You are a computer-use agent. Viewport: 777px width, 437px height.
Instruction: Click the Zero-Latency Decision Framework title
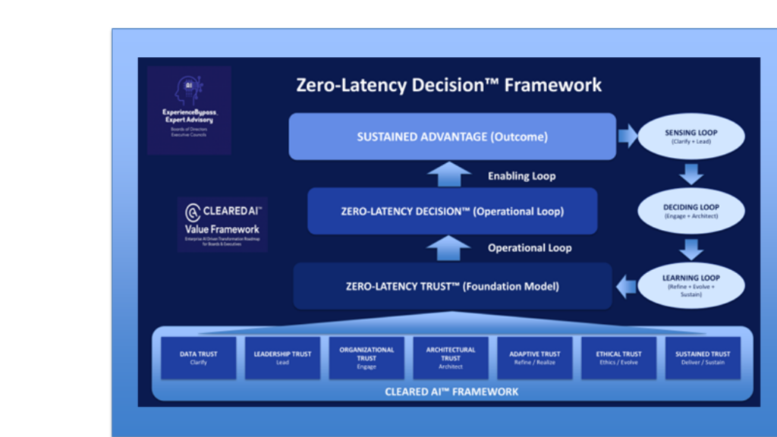coord(449,84)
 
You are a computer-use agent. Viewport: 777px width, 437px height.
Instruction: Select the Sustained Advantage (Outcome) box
coord(452,137)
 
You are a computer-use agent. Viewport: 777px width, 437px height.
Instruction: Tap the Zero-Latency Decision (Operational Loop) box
coord(452,211)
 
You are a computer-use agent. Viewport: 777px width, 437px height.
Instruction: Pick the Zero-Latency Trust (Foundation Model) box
coord(452,286)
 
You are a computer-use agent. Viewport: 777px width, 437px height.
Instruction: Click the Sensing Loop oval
coord(691,137)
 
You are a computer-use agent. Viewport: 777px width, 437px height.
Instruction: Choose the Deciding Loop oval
coord(691,211)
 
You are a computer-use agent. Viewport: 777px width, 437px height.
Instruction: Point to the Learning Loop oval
coord(691,285)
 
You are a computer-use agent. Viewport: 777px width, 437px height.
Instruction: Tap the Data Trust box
coord(199,357)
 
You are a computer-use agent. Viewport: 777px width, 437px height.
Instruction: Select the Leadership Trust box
coord(282,357)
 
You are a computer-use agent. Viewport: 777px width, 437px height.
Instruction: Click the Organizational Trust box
coord(366,357)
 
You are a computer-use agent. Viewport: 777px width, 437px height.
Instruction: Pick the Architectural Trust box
coord(451,357)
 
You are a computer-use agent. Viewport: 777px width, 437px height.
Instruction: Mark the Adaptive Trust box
coord(534,357)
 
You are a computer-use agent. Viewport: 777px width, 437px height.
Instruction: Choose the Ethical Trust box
coord(618,357)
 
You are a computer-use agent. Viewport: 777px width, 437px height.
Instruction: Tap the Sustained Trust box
coord(703,357)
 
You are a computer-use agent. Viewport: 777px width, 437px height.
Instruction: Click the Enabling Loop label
coord(521,176)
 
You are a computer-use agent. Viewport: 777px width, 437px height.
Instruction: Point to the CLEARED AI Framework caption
coord(452,391)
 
